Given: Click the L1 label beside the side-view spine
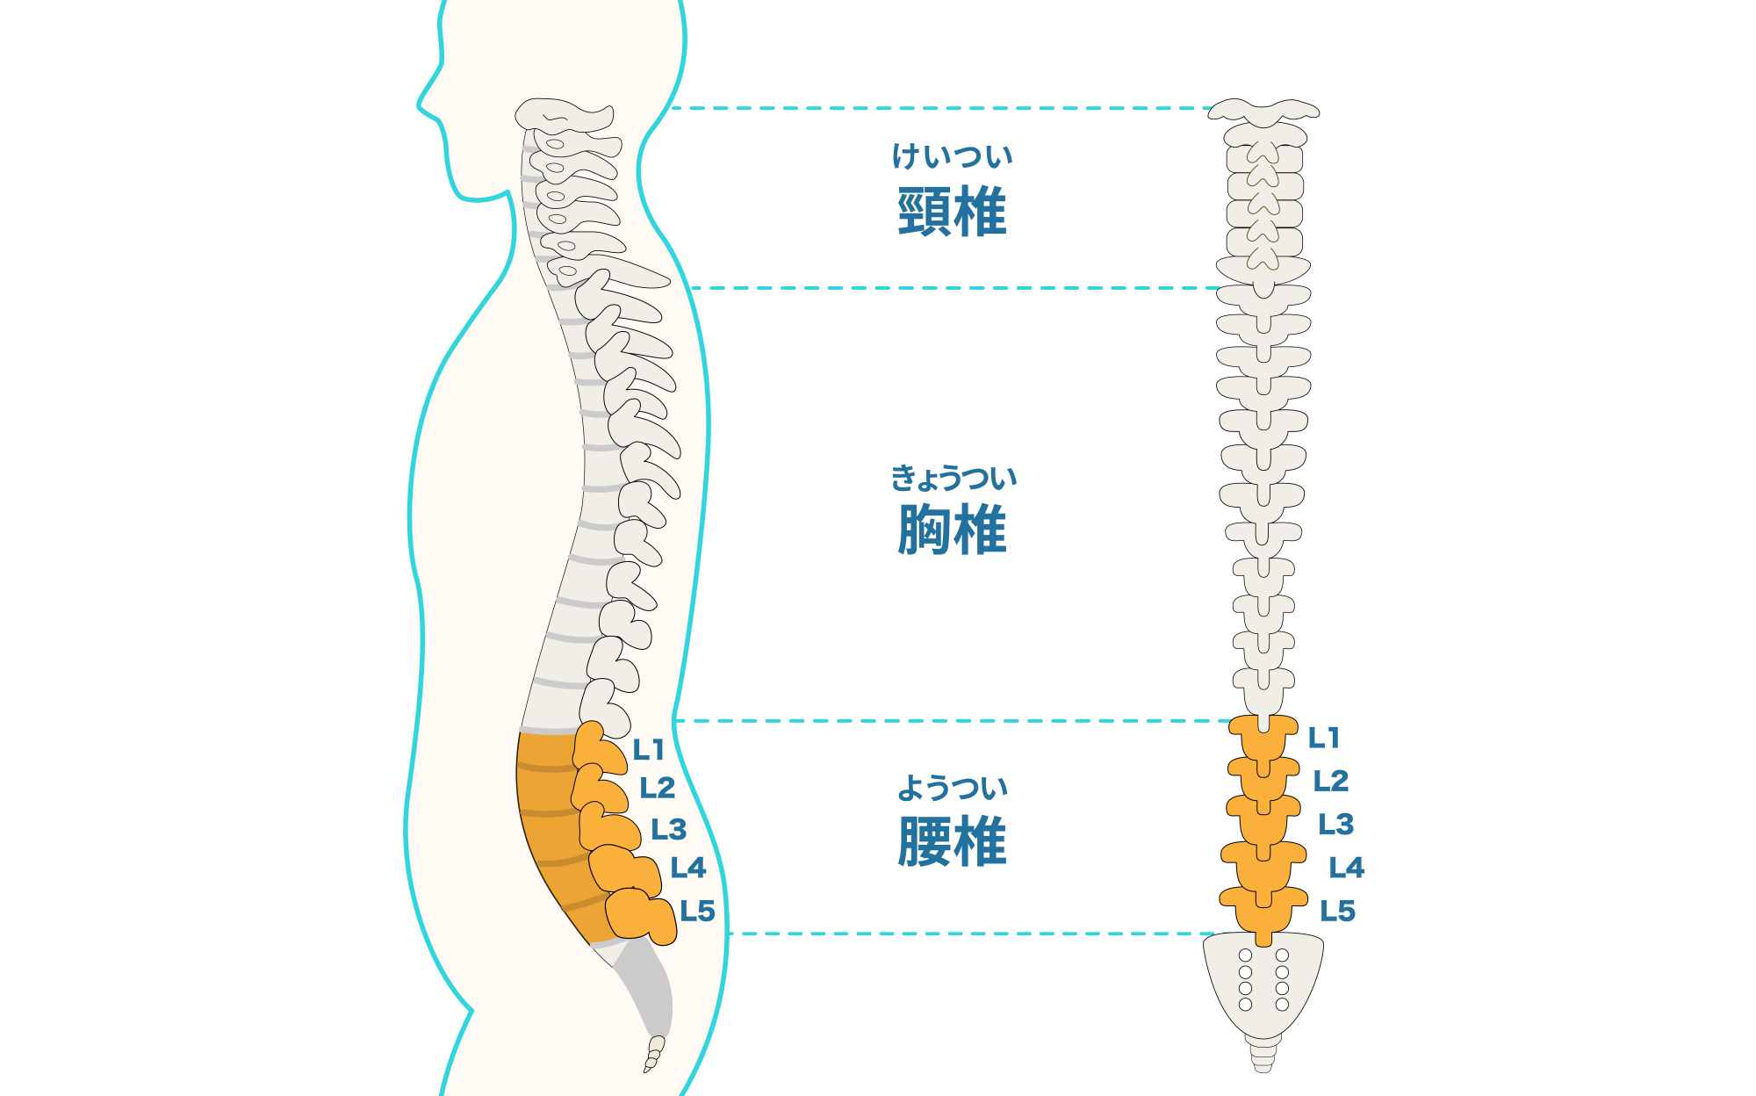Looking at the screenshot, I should (648, 750).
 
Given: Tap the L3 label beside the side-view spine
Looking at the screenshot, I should (668, 829).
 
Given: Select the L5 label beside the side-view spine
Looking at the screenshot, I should (697, 911).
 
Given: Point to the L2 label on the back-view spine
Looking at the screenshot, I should (1330, 781).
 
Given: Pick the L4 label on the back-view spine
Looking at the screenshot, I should (1346, 868).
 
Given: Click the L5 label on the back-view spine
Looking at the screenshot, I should (1337, 911).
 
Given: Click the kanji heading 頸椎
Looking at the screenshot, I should (952, 212).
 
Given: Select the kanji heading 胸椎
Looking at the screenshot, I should (952, 530).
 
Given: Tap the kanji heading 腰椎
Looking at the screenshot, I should (952, 841).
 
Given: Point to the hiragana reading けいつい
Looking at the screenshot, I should (952, 156).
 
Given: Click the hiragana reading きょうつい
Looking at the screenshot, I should (954, 478).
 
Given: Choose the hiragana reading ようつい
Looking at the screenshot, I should (952, 788).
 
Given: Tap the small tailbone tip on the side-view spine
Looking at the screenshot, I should (653, 1054).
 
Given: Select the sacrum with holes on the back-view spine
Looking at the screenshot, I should (1263, 984).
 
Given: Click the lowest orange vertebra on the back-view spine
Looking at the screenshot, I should (1263, 909).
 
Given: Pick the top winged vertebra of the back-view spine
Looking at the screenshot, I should (1263, 111).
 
